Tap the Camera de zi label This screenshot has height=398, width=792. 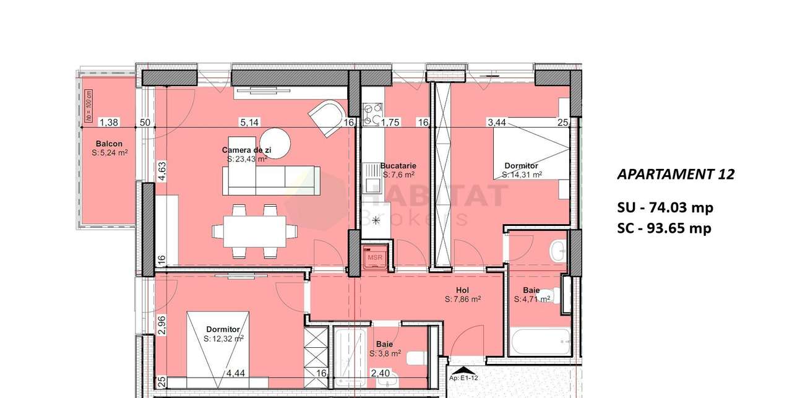click(246, 150)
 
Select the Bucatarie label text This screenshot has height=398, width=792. click(398, 166)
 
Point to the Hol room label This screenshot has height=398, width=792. click(463, 290)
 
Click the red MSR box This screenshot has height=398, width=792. click(375, 256)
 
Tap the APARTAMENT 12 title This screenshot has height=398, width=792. click(676, 175)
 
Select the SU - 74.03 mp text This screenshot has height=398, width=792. click(664, 207)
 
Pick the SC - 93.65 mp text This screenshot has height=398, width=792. click(664, 228)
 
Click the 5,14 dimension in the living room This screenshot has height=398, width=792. click(249, 123)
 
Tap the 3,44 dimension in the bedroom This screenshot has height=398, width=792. click(497, 123)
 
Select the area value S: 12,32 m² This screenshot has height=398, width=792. click(223, 339)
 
